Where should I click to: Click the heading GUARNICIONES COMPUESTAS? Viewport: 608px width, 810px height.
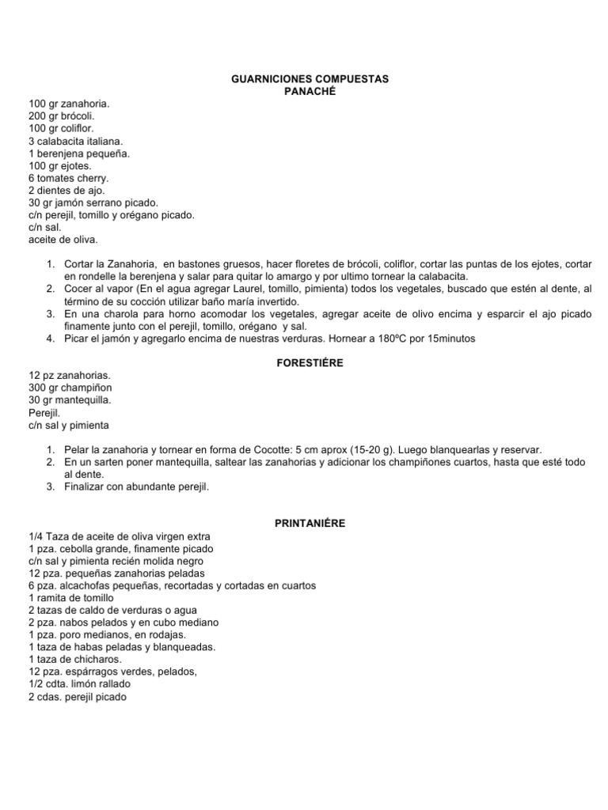(310, 80)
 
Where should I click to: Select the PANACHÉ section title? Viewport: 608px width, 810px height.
(310, 92)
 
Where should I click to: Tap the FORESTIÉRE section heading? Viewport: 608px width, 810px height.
(310, 363)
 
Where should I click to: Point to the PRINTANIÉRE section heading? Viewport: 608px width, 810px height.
(310, 523)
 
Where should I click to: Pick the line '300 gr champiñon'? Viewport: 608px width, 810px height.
(70, 388)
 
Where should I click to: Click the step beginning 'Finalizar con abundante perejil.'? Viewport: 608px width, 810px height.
(137, 486)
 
